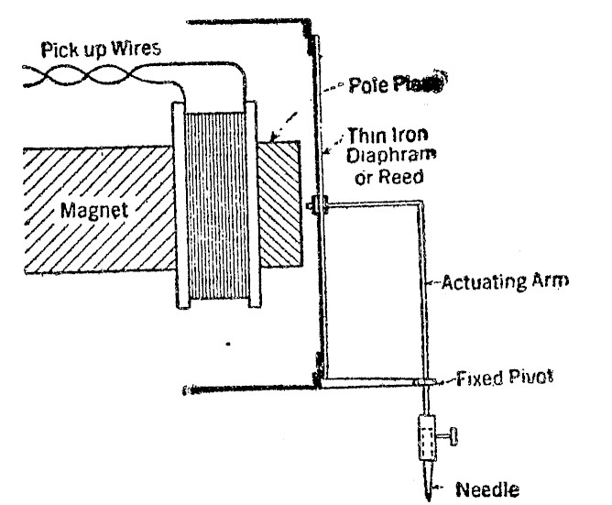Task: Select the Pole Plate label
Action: [395, 86]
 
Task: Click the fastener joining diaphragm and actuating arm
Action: [316, 205]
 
